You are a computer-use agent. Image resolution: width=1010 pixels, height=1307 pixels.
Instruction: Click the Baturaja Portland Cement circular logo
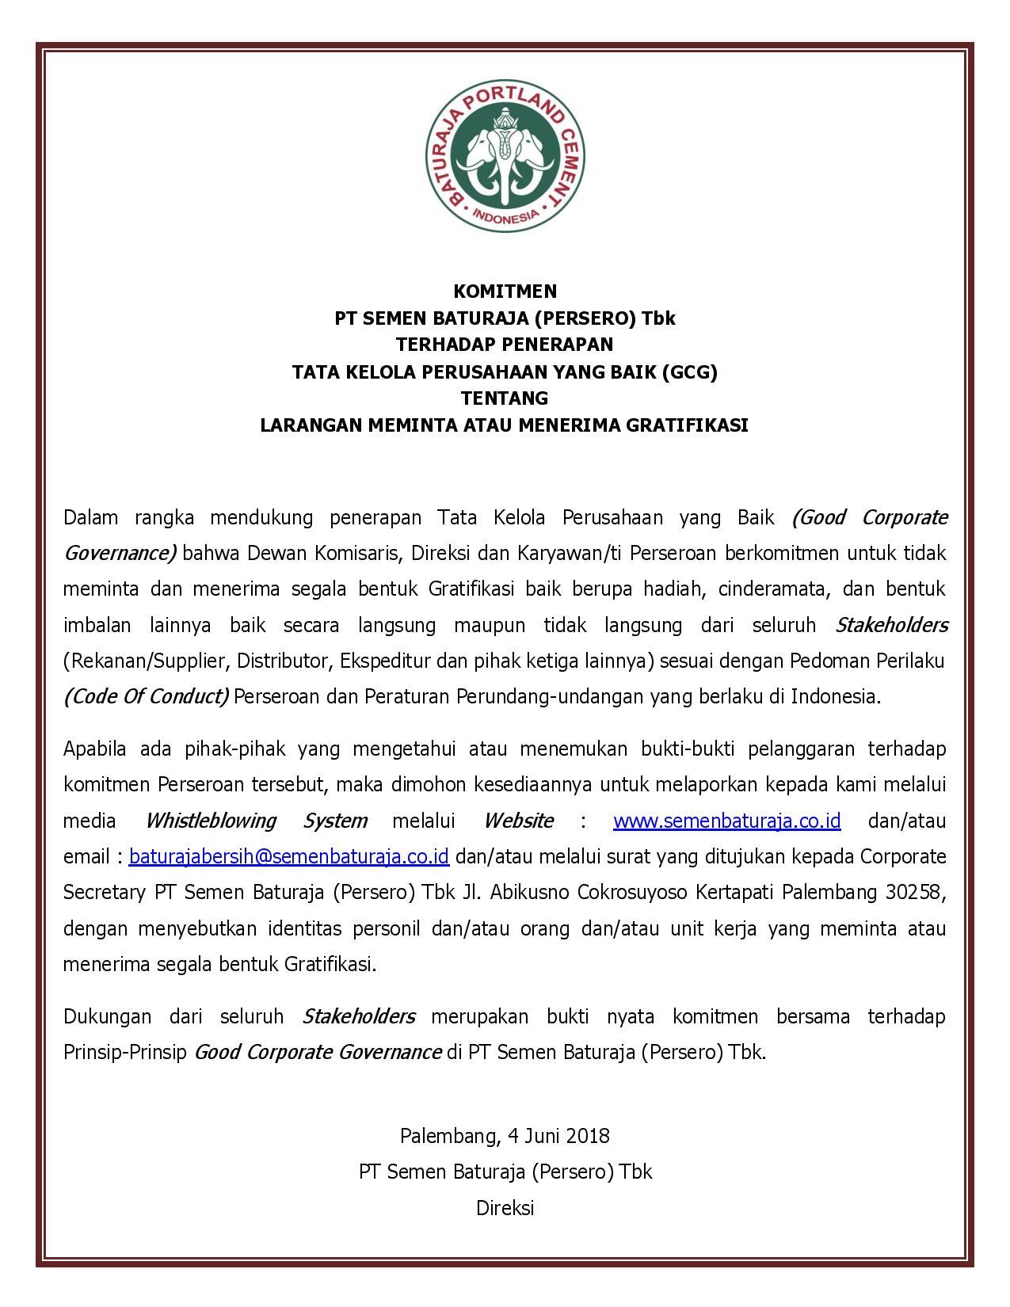(x=505, y=157)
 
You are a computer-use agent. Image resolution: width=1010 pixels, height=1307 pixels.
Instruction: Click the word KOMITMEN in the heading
(x=505, y=292)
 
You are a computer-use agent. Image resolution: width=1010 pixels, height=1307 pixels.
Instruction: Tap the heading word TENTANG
(x=505, y=398)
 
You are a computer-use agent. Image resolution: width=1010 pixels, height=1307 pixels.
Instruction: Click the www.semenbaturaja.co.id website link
(x=726, y=821)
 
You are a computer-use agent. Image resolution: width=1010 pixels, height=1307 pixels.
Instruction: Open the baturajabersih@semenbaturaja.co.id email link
(x=289, y=857)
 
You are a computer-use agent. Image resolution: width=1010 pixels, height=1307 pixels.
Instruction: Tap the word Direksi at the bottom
(x=505, y=1208)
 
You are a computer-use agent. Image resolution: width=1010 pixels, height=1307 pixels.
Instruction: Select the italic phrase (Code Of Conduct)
(x=147, y=697)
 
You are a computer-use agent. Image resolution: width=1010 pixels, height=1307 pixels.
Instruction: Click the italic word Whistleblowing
(x=211, y=821)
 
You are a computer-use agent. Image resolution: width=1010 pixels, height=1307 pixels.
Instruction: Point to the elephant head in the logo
(x=505, y=151)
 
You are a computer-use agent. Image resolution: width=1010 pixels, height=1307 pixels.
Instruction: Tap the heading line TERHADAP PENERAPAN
(x=505, y=345)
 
